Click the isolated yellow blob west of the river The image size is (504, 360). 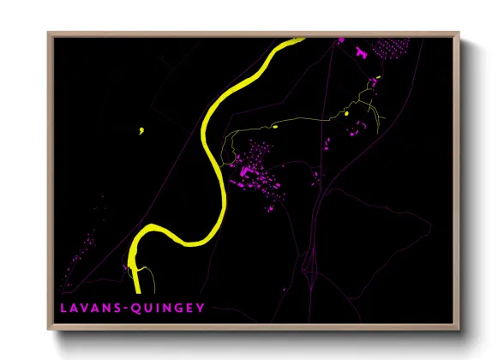point(140,131)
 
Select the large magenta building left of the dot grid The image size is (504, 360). point(361,52)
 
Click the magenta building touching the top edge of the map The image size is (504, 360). point(340,39)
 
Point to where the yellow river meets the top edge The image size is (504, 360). point(297,39)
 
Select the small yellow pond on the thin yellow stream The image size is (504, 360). point(348,112)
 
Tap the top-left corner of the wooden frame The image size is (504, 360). point(49,33)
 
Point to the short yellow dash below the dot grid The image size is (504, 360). point(374,80)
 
